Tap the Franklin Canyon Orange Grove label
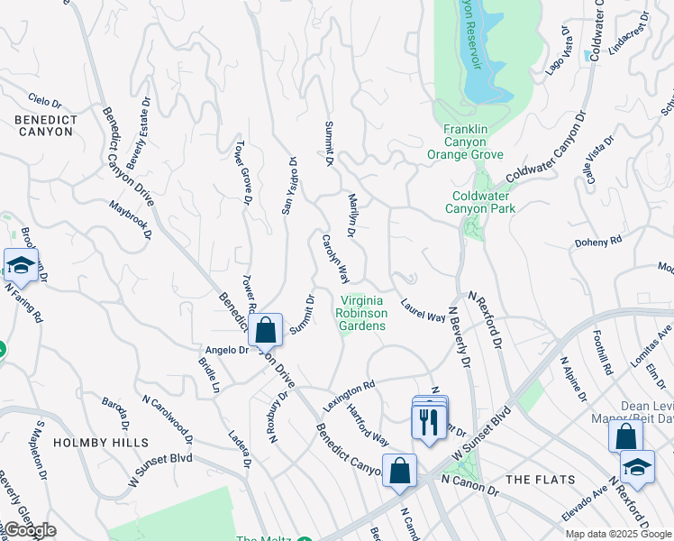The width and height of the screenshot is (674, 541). tap(465, 142)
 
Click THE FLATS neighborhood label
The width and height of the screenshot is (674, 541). tap(534, 479)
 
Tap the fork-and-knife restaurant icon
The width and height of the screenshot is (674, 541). tap(428, 422)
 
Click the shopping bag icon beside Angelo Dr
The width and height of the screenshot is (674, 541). tap(266, 330)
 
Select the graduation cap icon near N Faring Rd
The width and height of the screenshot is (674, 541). tap(21, 265)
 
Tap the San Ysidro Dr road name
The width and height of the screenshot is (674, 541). tap(288, 186)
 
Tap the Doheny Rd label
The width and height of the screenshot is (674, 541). tap(598, 242)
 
